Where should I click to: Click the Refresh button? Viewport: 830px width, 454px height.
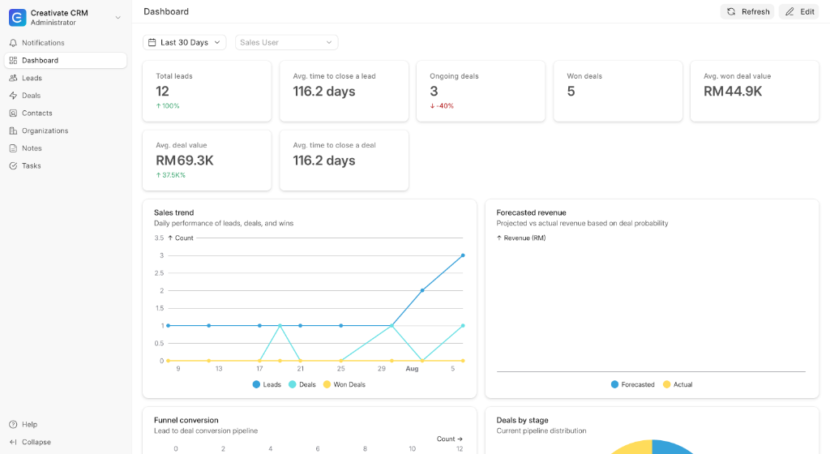[x=747, y=11]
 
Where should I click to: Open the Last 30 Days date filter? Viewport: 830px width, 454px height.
[x=184, y=42]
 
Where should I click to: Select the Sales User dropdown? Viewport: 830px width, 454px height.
[x=286, y=42]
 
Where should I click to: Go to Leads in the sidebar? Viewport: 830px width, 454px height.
[x=32, y=78]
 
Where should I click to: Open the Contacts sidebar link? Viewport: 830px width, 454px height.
[x=37, y=113]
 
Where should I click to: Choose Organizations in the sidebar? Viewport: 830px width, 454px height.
[x=45, y=131]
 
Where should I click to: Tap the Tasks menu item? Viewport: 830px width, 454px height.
[x=32, y=165]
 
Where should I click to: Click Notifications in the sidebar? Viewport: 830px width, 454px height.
[x=43, y=43]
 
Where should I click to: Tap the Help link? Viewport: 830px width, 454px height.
[x=24, y=424]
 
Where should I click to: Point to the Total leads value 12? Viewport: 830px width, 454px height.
[x=162, y=92]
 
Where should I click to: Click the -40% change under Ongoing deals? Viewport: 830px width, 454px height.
[x=442, y=106]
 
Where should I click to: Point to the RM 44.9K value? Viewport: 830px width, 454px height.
[x=733, y=92]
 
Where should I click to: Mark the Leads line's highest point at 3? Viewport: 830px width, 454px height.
[x=463, y=255]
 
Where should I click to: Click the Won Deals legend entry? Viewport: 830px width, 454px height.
[x=344, y=384]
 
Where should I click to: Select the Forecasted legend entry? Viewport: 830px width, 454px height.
[x=632, y=384]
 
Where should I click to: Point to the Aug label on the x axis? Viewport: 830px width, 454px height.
[x=412, y=369]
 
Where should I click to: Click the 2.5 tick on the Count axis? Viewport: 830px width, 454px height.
[x=159, y=273]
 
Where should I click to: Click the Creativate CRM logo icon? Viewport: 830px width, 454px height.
[x=18, y=18]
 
